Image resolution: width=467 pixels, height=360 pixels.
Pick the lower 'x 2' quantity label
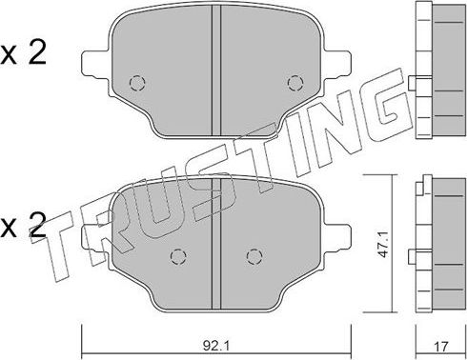(24, 226)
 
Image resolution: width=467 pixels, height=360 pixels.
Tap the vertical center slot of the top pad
(215, 57)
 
